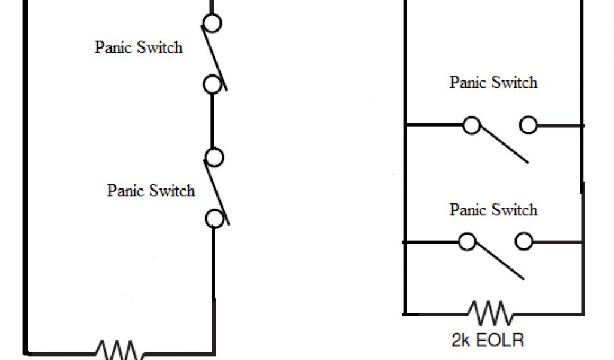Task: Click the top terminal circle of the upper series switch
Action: coord(212,23)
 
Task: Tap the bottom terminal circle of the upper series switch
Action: coord(212,85)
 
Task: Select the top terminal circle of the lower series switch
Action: coord(214,157)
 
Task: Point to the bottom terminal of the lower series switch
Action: coord(214,218)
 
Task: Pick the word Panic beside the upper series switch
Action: coord(114,47)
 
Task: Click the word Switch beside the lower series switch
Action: coord(172,191)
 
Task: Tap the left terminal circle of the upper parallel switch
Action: coord(472,125)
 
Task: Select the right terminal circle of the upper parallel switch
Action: coord(528,125)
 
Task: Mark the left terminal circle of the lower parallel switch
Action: coord(467,242)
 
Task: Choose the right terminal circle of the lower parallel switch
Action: coord(524,242)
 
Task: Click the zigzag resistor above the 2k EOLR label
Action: coord(490,313)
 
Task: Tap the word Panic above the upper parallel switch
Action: coord(469,82)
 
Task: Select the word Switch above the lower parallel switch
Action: coord(515,210)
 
